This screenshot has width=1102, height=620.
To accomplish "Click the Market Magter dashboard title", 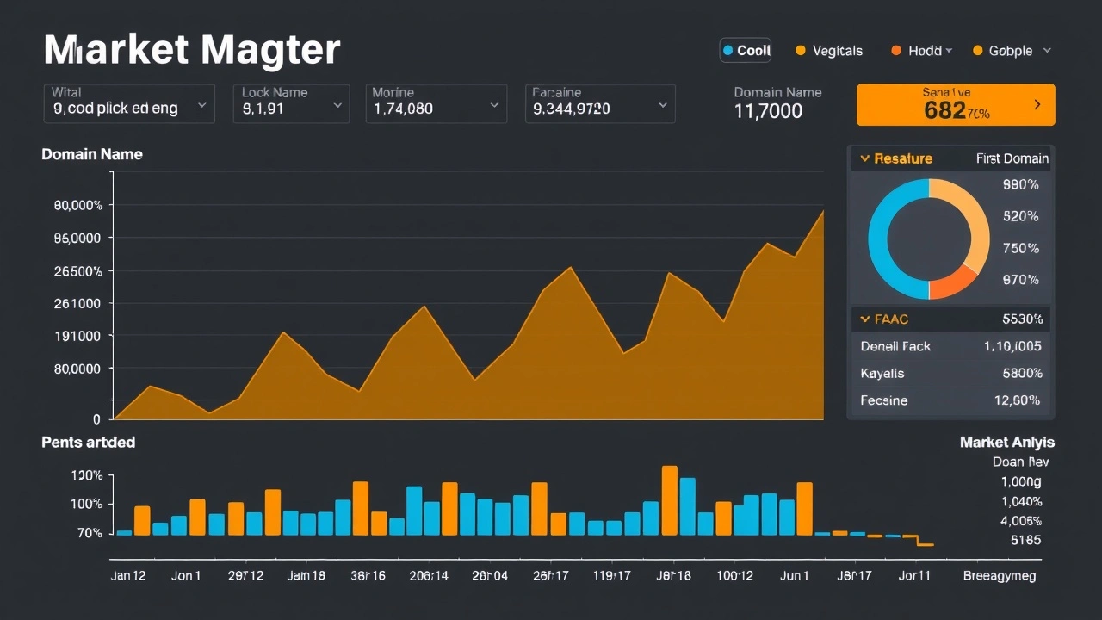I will coord(191,50).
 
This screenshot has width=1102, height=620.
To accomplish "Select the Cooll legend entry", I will coord(746,51).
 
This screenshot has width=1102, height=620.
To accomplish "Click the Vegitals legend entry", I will coord(828,51).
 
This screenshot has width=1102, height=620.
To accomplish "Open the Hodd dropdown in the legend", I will coord(921,51).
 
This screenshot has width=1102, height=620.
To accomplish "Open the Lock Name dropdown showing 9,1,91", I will coord(291,103).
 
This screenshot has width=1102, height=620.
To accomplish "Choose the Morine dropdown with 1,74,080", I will coord(435,103).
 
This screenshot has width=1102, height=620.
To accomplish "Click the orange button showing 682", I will coord(956,105).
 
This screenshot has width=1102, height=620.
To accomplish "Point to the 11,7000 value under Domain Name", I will coord(768,111).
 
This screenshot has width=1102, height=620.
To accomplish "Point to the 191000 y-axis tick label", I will coord(77,336).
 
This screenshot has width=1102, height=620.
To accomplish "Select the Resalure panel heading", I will coord(902,158).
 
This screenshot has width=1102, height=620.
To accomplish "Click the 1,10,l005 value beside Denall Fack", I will coord(1012,346).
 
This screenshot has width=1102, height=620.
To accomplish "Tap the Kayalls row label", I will coord(882,374).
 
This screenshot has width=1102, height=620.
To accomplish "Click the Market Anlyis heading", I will coord(1006,442).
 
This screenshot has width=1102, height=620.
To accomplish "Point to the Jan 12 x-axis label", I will coord(128,575).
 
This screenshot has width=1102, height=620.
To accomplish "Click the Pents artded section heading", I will coord(88,442).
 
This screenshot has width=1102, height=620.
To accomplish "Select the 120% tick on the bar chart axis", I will coord(87,475).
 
